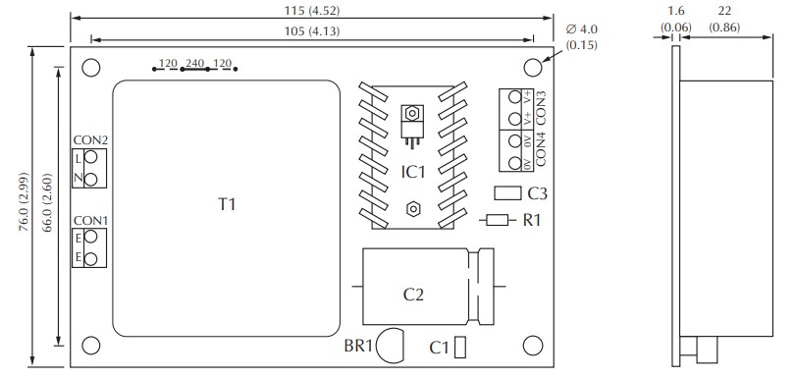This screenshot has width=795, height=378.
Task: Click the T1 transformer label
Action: [227, 204]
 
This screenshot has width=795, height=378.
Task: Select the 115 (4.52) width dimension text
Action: [312, 10]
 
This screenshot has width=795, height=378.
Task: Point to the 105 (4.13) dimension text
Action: [312, 31]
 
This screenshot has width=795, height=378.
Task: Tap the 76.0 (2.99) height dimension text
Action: [24, 202]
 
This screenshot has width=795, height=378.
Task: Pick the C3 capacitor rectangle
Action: [507, 192]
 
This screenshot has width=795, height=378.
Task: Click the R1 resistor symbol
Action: [498, 220]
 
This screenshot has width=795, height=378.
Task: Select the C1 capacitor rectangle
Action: [460, 348]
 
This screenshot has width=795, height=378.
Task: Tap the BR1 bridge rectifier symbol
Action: [392, 346]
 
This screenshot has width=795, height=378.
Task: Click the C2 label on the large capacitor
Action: [413, 295]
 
